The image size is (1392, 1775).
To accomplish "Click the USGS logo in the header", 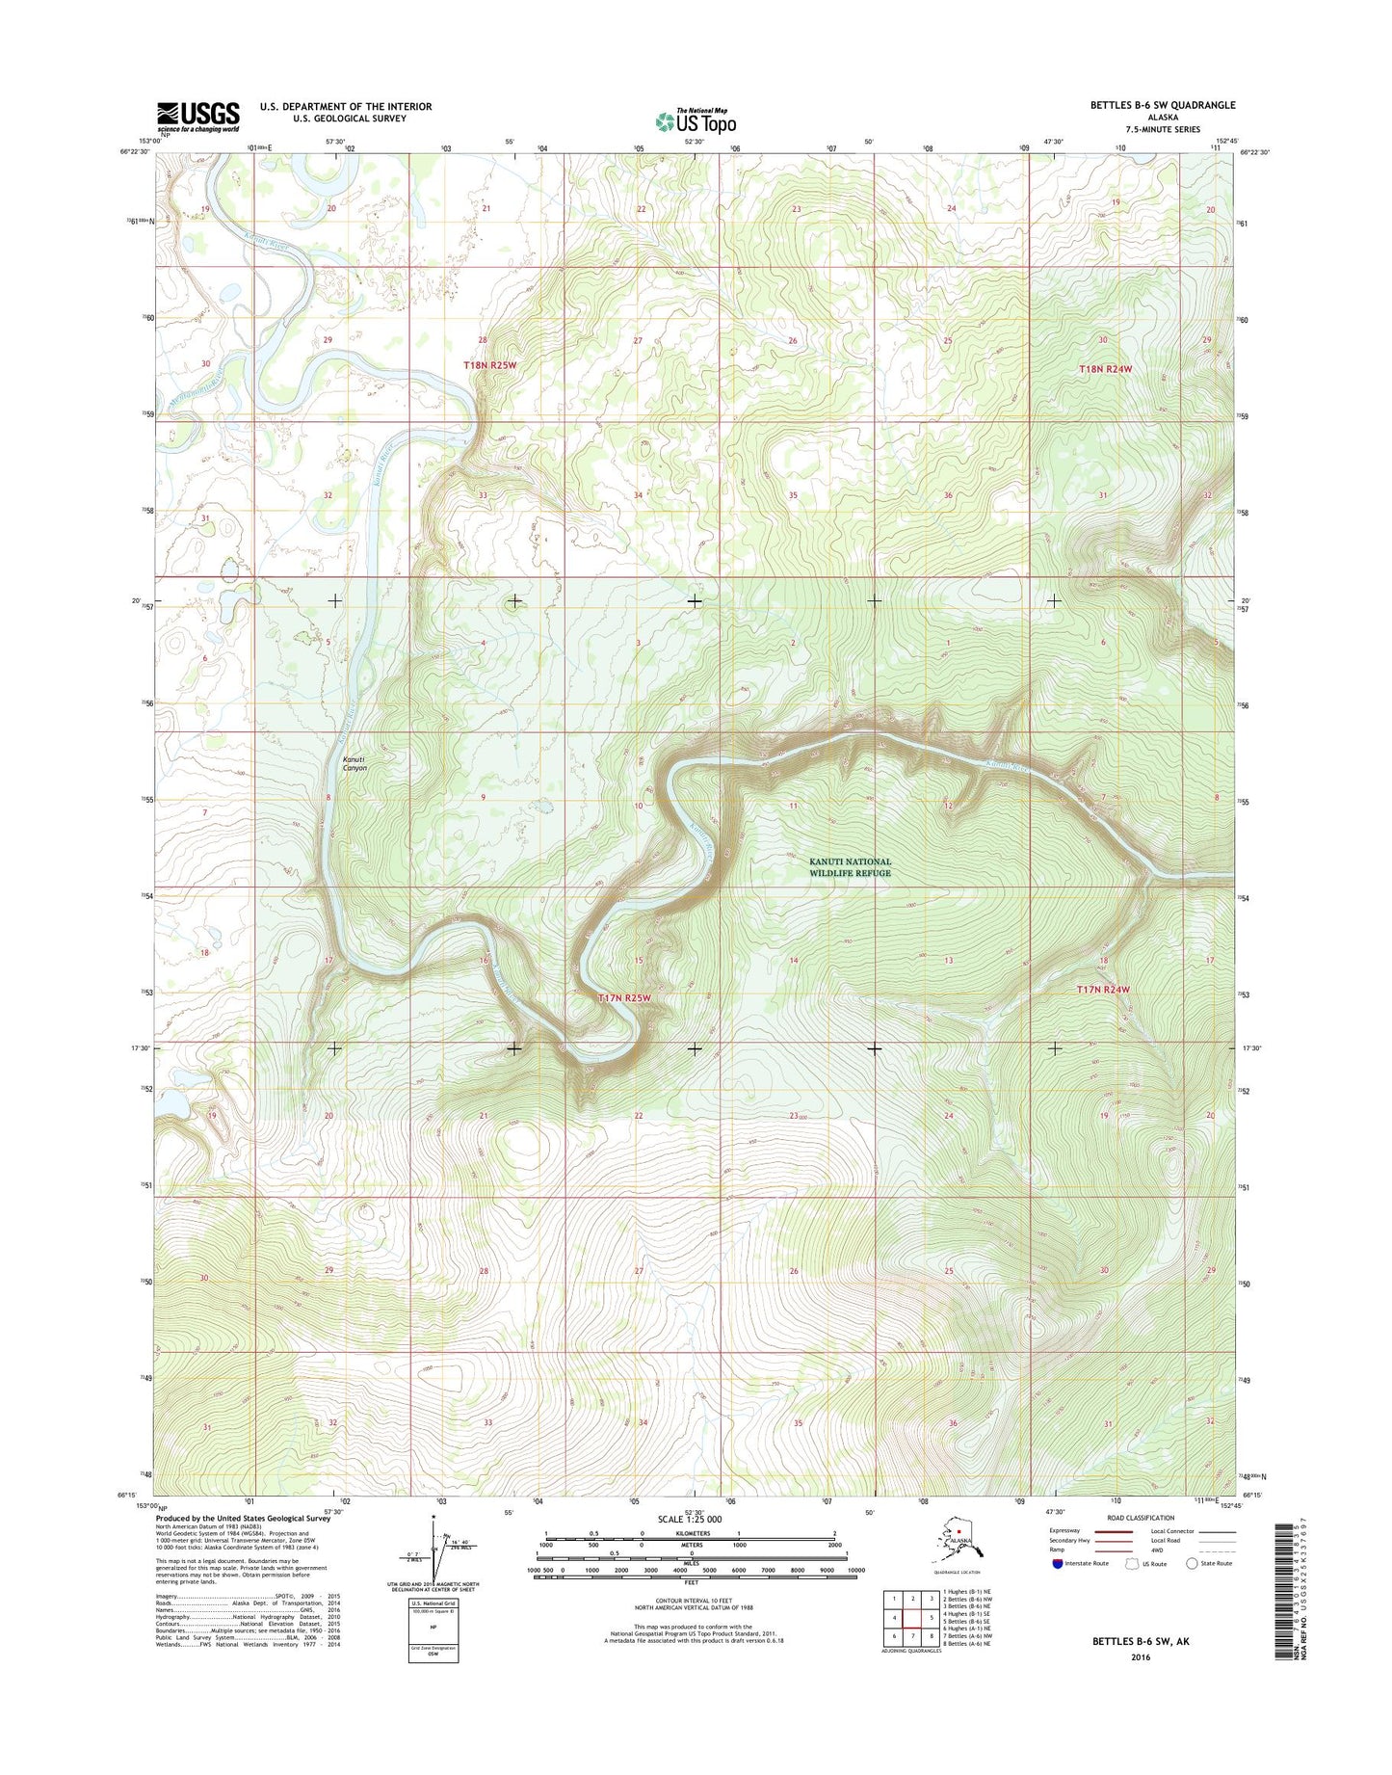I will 198,117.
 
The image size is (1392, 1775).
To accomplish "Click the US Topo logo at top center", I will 696,120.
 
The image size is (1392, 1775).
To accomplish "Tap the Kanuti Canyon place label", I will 355,763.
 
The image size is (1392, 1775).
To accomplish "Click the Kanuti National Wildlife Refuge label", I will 850,867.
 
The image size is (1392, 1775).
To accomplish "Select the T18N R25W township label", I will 489,366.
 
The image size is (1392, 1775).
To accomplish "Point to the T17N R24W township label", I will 1103,990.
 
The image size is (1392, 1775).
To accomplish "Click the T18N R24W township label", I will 1105,369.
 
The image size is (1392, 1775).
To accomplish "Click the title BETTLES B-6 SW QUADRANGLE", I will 1162,105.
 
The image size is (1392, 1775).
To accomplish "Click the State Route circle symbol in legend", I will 1192,1564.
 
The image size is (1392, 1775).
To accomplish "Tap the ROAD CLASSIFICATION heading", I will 1141,1518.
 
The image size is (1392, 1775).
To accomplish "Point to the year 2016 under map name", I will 1141,1657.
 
